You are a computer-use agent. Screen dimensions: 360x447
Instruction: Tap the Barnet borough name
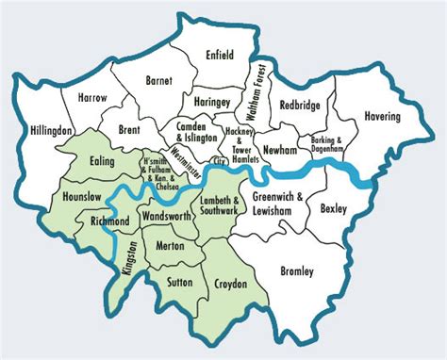158,82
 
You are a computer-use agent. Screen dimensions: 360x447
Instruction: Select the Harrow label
92,98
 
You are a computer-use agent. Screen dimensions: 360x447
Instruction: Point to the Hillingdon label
51,129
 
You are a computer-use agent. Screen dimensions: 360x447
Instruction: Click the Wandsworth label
166,216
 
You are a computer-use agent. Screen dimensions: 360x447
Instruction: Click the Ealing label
102,162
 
